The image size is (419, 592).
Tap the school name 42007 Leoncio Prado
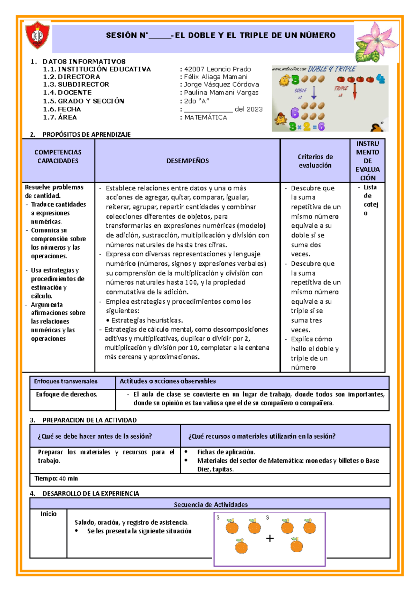pyautogui.click(x=217, y=69)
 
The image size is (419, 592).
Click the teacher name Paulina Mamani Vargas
pyautogui.click(x=221, y=92)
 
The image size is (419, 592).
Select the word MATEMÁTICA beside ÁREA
pyautogui.click(x=206, y=117)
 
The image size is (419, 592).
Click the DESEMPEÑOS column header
pyautogui.click(x=188, y=161)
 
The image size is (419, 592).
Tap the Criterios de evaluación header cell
pyautogui.click(x=315, y=161)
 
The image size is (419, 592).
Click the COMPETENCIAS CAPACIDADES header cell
pyautogui.click(x=58, y=157)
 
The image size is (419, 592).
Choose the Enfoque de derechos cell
pyautogui.click(x=66, y=394)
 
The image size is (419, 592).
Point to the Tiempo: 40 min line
pyautogui.click(x=56, y=478)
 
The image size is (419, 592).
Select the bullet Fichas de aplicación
pyautogui.click(x=226, y=452)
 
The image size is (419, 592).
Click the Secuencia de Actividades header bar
pyautogui.click(x=211, y=504)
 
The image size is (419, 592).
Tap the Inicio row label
pyautogui.click(x=48, y=514)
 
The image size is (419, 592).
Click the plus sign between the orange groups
pyautogui.click(x=270, y=539)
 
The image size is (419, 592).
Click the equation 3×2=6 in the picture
pyautogui.click(x=307, y=126)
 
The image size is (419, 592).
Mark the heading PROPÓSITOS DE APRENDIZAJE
pyautogui.click(x=86, y=134)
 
